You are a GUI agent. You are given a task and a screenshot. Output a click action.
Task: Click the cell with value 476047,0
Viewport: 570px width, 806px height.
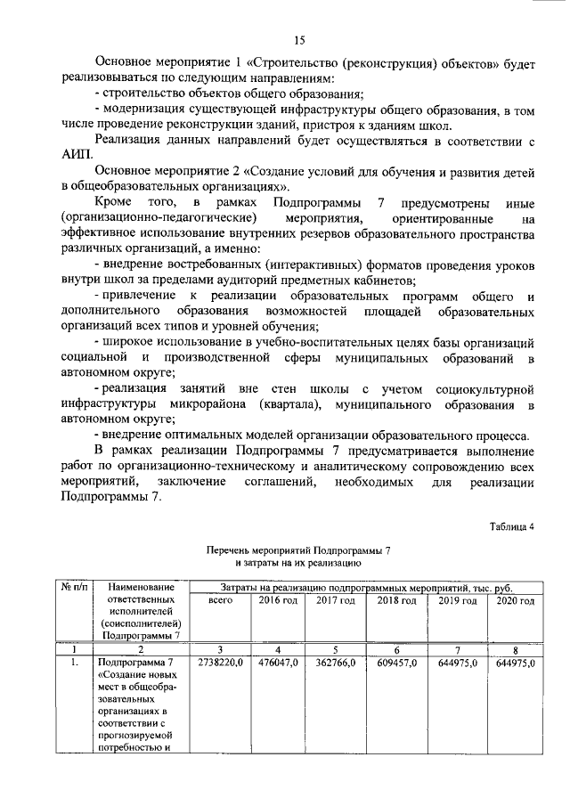278,664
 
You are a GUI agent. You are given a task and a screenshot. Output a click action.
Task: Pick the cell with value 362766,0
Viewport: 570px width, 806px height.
336,664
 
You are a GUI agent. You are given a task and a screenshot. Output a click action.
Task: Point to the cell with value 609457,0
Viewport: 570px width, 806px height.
396,664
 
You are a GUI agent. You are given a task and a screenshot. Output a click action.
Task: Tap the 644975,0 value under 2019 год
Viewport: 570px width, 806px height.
457,664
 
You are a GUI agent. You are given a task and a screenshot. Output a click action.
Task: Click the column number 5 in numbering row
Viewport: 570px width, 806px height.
336,649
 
